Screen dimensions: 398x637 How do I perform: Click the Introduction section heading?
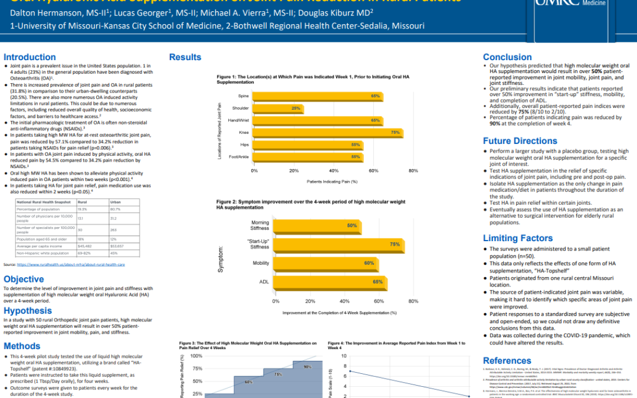coord(29,57)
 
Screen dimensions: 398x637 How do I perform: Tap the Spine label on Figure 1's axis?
coord(243,96)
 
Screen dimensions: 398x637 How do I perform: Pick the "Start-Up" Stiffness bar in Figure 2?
coord(340,245)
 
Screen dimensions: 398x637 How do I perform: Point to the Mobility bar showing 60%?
coord(327,263)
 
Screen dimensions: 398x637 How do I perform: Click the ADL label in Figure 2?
coord(264,282)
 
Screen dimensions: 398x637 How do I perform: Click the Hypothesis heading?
coord(28,311)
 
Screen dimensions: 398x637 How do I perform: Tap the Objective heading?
coord(24,279)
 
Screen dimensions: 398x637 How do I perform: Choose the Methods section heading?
coord(22,346)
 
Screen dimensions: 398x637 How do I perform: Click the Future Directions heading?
coord(520,141)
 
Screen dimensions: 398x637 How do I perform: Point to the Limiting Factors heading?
coord(518,238)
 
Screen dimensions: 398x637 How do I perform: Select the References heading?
coord(507,360)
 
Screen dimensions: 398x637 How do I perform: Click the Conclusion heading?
coord(507,57)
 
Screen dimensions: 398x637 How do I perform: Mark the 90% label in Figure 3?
coord(307,367)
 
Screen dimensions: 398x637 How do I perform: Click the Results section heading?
coord(185,57)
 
